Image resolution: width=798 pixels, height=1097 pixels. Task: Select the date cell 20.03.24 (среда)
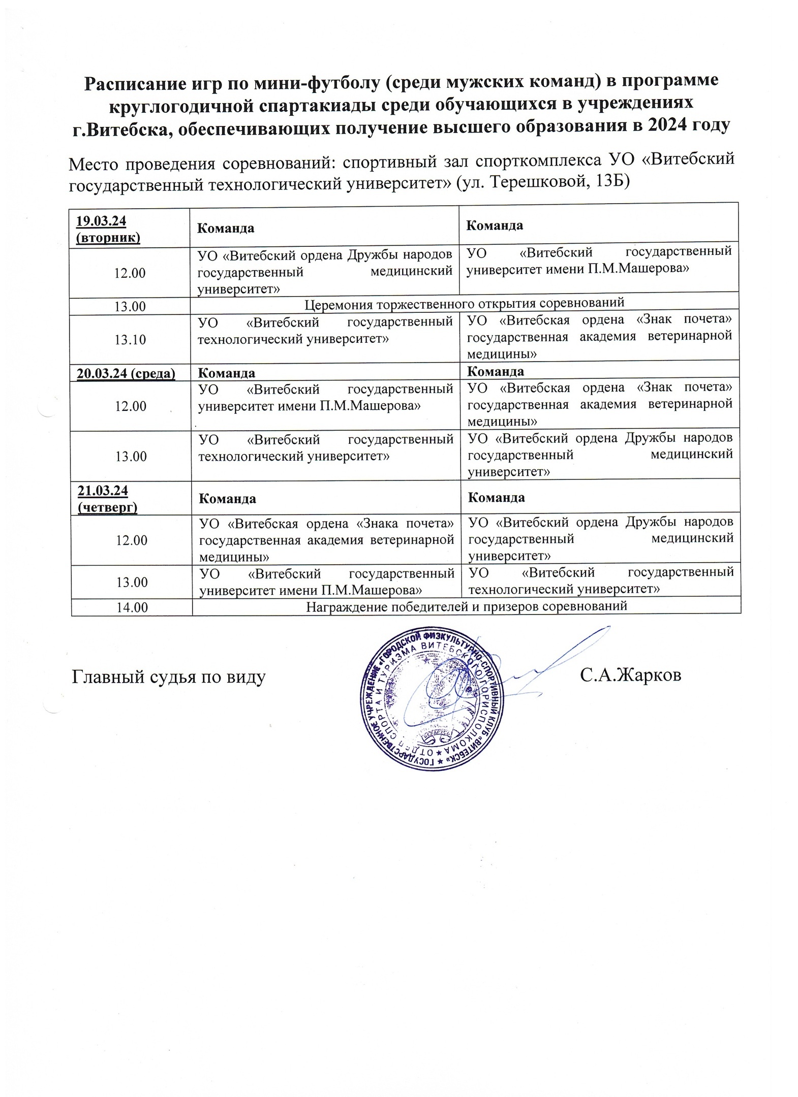pos(126,373)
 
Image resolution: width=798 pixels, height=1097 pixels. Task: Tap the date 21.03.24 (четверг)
pos(107,498)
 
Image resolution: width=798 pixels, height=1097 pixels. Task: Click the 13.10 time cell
pos(130,339)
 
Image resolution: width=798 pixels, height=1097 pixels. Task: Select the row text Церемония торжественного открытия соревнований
pos(464,304)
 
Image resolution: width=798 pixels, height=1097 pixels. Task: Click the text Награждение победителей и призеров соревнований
pos(467,606)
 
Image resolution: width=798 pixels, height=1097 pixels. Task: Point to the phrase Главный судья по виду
pos(169,676)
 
